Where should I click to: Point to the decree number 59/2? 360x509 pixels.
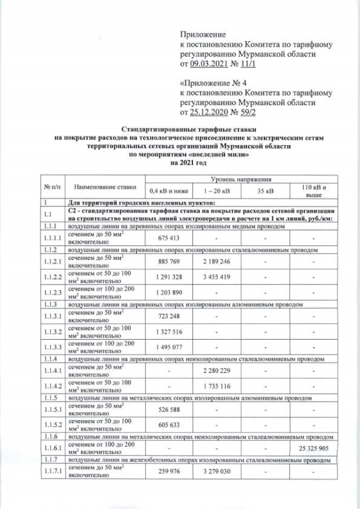tap(249, 113)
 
